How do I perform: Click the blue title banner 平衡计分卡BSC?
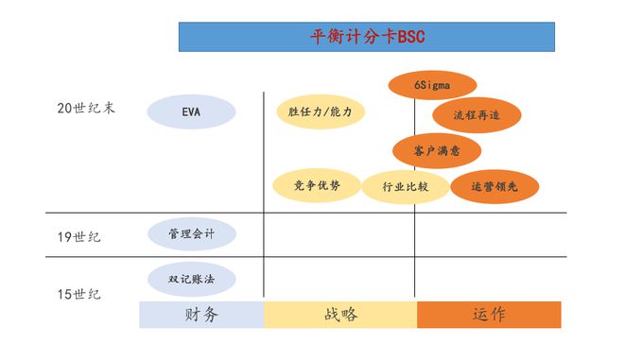367,37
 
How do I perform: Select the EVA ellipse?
191,111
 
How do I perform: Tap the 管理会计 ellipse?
192,233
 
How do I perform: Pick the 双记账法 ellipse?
192,279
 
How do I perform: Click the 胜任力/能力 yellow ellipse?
320,111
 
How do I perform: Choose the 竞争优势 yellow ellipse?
317,185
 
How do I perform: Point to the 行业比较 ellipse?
406,186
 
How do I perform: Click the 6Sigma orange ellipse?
431,84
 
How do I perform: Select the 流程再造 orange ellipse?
477,115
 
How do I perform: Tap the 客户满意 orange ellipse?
436,150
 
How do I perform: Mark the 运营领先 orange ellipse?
494,186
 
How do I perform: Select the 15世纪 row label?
78,294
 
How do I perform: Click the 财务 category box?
201,315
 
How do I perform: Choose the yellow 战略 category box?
340,315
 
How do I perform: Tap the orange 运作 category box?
489,315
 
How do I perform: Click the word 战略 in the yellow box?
340,315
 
